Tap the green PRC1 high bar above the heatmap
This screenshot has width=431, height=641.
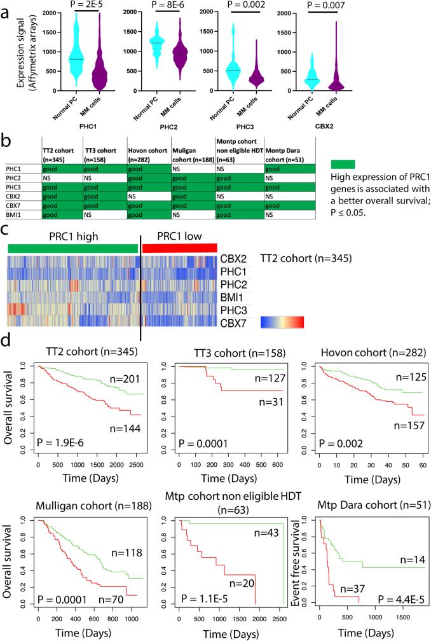(x=72, y=248)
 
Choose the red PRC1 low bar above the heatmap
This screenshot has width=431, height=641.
(x=179, y=248)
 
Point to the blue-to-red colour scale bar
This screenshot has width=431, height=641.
(x=282, y=322)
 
